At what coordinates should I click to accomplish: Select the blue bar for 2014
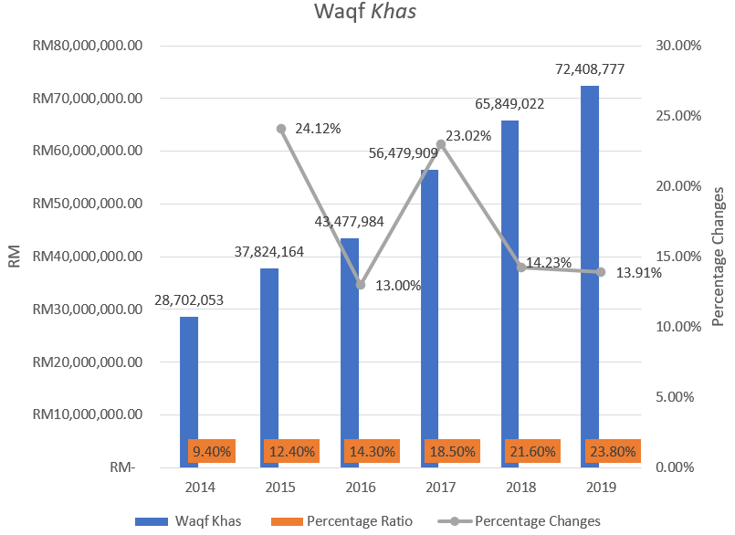point(188,383)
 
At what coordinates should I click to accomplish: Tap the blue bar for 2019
point(591,274)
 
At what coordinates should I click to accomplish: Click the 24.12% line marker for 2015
point(281,129)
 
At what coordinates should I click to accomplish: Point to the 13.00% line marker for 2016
point(361,285)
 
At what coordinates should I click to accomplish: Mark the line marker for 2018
point(521,267)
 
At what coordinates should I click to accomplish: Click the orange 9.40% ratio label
point(212,451)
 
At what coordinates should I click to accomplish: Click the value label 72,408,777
point(591,69)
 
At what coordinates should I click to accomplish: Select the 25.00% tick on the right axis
point(676,116)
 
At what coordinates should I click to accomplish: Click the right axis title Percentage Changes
point(719,257)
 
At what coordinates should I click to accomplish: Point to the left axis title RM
point(15,257)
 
